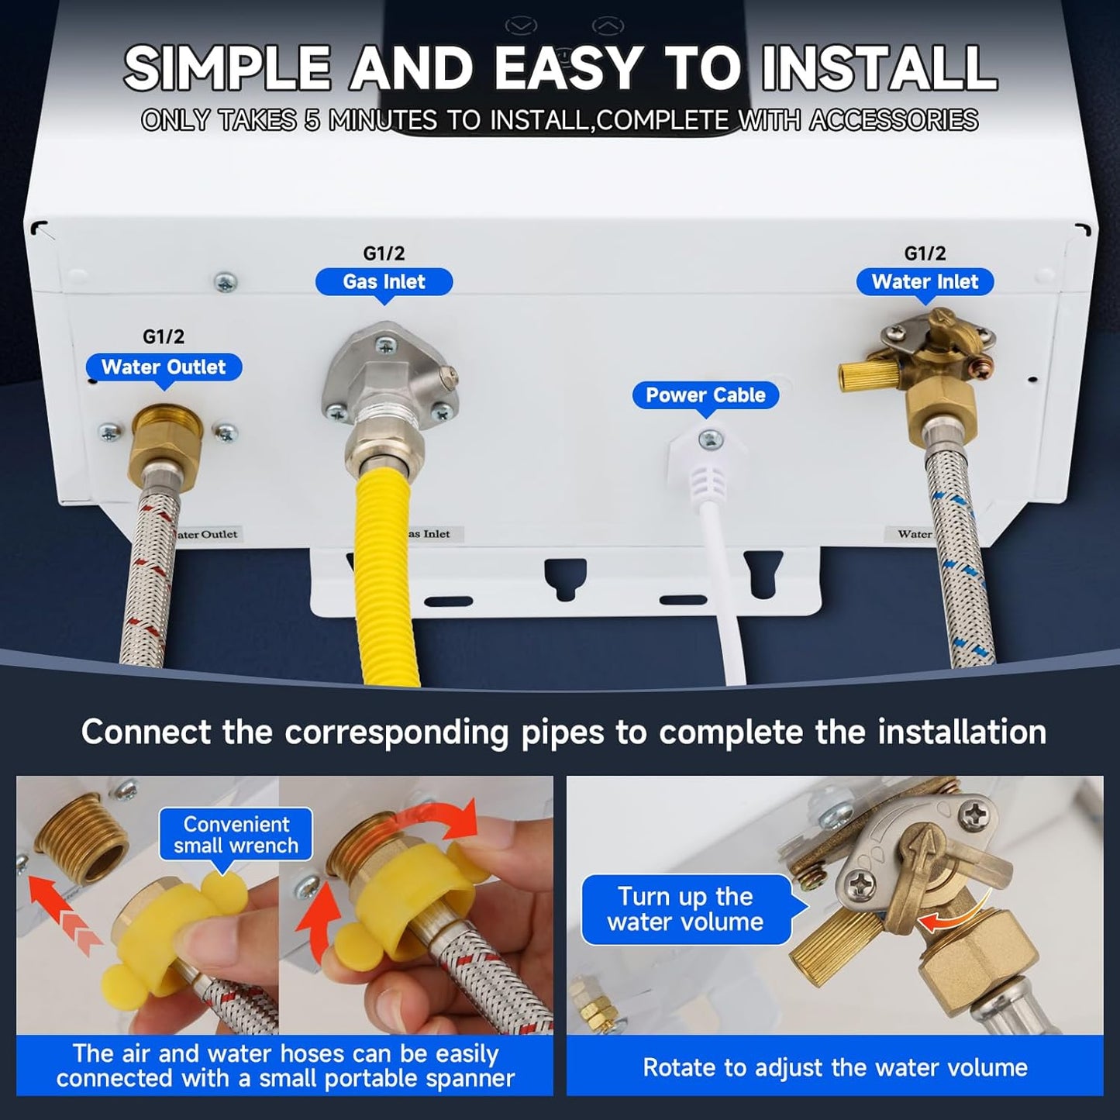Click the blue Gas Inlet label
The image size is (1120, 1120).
[x=384, y=282]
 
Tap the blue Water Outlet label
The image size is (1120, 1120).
[x=164, y=367]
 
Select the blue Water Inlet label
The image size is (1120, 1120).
[x=925, y=282]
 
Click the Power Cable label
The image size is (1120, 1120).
[x=705, y=395]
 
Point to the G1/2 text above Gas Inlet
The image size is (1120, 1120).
[x=384, y=253]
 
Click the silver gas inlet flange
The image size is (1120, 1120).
[x=388, y=372]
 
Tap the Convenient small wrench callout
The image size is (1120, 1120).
[x=236, y=835]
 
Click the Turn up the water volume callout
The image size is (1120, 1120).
[x=685, y=909]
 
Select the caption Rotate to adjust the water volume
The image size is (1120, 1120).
[x=835, y=1067]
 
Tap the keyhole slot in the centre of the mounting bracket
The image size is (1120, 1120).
[x=565, y=577]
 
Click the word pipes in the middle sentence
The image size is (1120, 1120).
[x=562, y=732]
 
